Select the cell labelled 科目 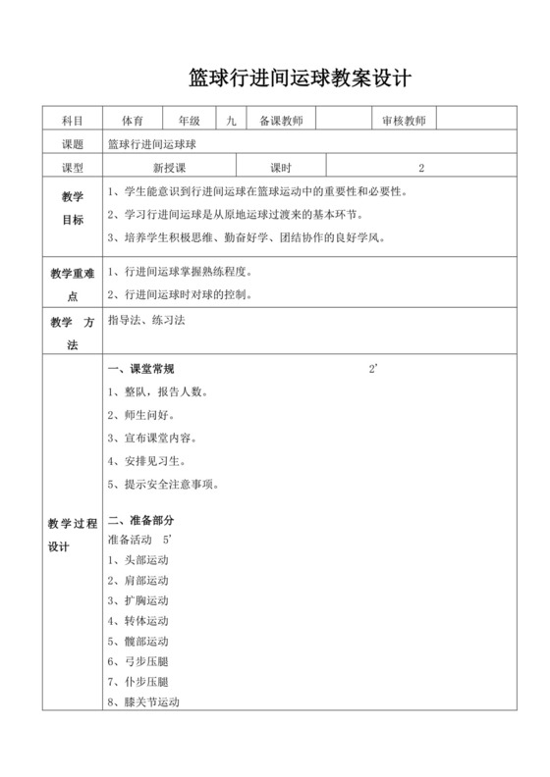[72, 121]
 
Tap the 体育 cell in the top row [133, 121]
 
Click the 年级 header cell [189, 121]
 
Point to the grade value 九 [231, 121]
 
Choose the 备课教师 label [280, 121]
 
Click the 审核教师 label [404, 121]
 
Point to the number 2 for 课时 [421, 167]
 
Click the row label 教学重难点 [72, 285]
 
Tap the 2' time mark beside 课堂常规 [373, 369]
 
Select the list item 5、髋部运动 [138, 641]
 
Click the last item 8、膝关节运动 [143, 701]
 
